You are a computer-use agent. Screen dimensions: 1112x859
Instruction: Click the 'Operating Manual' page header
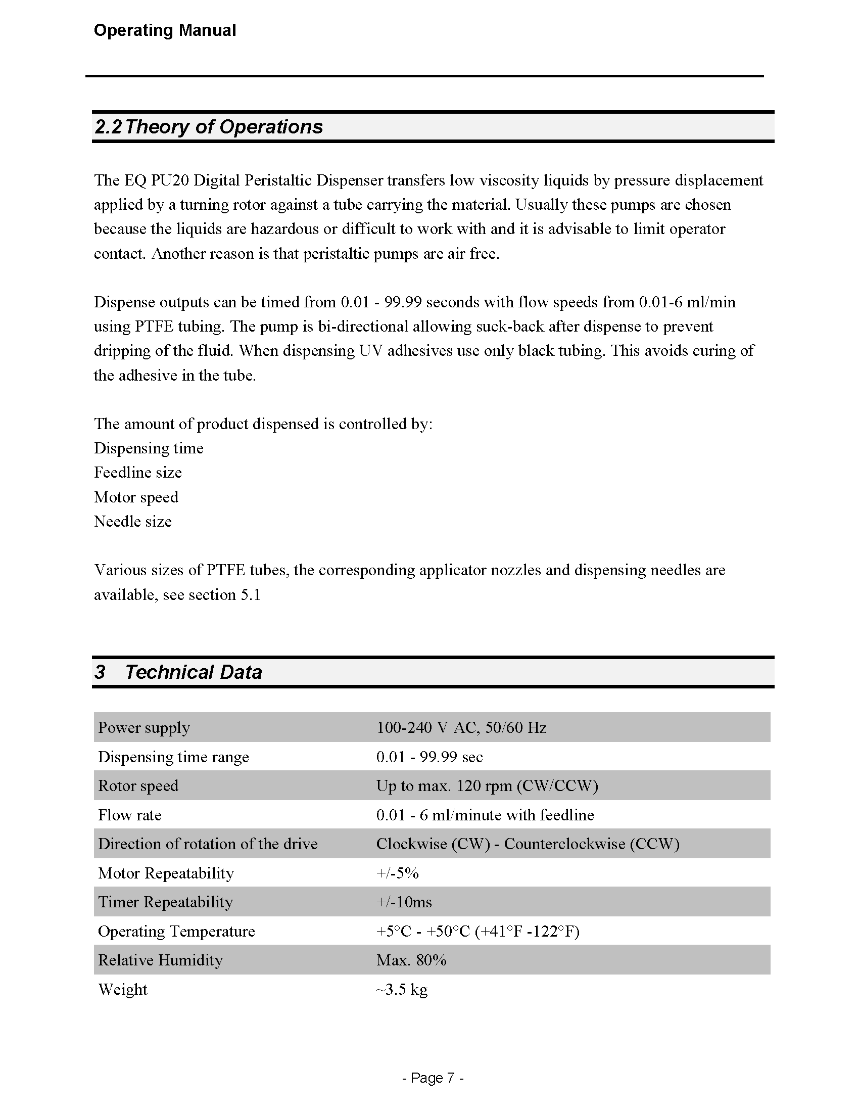[x=165, y=30]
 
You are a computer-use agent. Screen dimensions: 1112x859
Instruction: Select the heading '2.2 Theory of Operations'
[x=209, y=127]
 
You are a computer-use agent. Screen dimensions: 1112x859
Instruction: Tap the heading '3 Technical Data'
[x=178, y=672]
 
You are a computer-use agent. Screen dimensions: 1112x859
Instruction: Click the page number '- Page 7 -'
[x=433, y=1078]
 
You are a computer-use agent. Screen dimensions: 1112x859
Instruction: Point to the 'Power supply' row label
[x=144, y=727]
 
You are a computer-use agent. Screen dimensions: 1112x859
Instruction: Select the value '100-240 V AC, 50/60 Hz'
[x=461, y=727]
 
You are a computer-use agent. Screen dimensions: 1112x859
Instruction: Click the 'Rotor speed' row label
[x=138, y=785]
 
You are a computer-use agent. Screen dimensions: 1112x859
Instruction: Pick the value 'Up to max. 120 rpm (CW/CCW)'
[x=487, y=785]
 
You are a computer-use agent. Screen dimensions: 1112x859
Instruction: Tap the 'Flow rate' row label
[x=130, y=815]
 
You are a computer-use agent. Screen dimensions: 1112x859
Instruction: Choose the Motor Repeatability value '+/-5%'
[x=398, y=873]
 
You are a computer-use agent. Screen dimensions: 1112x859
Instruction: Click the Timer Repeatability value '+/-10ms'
[x=404, y=902]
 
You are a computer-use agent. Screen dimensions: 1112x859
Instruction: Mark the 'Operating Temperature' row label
[x=176, y=931]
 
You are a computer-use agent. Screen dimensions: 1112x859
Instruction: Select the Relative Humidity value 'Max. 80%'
[x=411, y=960]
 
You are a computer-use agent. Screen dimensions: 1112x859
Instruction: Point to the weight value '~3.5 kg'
[x=402, y=989]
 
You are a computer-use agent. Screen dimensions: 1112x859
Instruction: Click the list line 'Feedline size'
[x=138, y=473]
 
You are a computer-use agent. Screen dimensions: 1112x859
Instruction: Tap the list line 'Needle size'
[x=133, y=522]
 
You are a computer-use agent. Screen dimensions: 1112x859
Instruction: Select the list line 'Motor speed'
[x=136, y=497]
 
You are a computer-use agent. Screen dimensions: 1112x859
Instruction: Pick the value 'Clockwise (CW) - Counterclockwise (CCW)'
[x=528, y=844]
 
